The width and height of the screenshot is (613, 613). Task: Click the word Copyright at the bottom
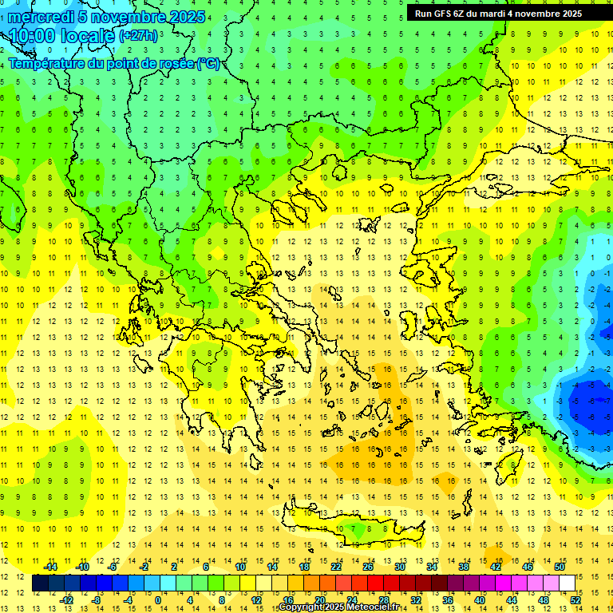(x=301, y=607)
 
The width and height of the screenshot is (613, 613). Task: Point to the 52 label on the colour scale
(x=575, y=600)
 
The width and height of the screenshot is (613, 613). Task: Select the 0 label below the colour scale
(x=158, y=600)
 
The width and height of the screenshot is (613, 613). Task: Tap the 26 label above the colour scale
(x=368, y=567)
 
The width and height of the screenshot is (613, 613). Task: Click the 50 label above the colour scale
(x=560, y=567)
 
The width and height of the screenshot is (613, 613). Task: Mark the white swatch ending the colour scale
(x=567, y=583)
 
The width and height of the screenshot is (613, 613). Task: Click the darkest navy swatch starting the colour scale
(x=40, y=583)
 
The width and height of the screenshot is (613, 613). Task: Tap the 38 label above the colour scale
(x=464, y=567)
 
